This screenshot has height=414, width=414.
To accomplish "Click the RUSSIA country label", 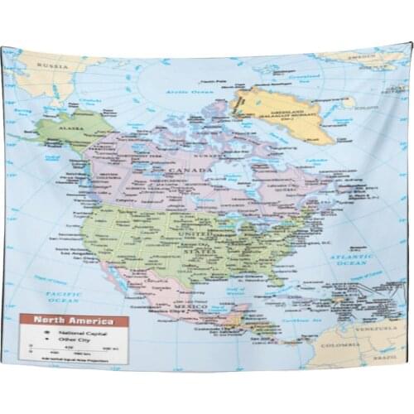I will click(56, 65).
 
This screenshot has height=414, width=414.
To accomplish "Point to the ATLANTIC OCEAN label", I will click(350, 260).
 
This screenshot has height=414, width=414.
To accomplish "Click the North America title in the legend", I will click(74, 320).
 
